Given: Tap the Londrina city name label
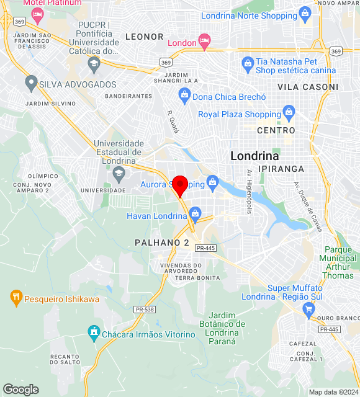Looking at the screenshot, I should point(254,156).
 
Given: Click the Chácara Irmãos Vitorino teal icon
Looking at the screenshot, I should point(94,334).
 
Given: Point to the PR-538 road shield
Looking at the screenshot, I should point(144,308).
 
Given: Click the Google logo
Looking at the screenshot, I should point(20,389).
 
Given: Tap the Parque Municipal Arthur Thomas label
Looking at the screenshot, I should point(338,254).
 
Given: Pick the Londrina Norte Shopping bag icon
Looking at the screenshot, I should point(305,13).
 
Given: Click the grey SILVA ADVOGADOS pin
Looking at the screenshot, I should point(31,83).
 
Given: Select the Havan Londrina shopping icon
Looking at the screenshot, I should point(195,215).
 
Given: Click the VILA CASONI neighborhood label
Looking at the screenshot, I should point(308,87).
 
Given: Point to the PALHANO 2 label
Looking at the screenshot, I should point(161,243).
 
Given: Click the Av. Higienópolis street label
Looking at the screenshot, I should point(249,192).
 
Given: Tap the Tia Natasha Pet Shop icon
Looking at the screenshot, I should point(248,63).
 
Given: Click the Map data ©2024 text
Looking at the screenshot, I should point(333,392).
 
